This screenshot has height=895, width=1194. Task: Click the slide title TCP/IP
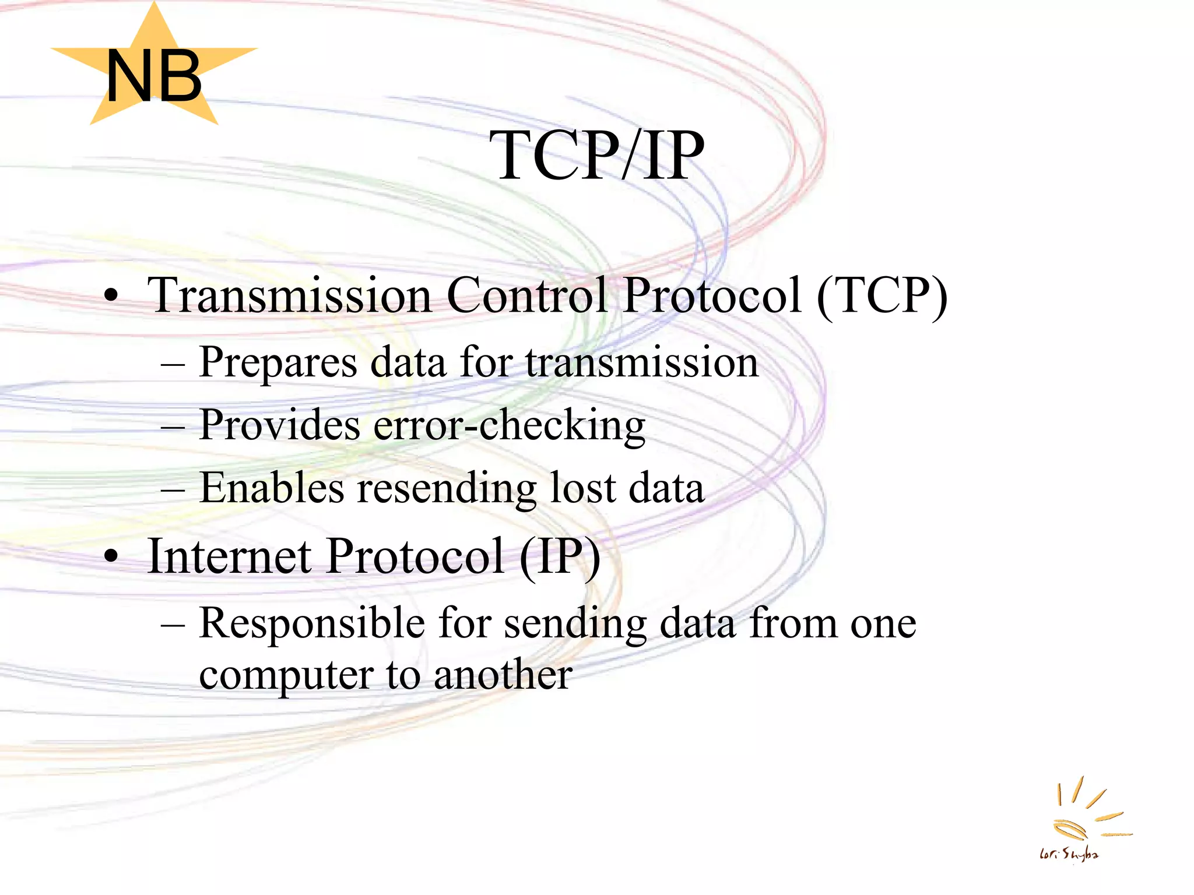596,156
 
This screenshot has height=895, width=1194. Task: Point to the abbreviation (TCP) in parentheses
882,296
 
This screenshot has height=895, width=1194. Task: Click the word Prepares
278,363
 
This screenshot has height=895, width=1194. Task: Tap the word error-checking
509,426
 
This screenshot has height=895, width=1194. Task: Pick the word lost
583,488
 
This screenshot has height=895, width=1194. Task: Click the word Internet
230,556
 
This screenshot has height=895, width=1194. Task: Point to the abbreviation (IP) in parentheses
560,557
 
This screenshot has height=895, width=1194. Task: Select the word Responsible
312,623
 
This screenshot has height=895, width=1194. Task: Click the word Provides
279,425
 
